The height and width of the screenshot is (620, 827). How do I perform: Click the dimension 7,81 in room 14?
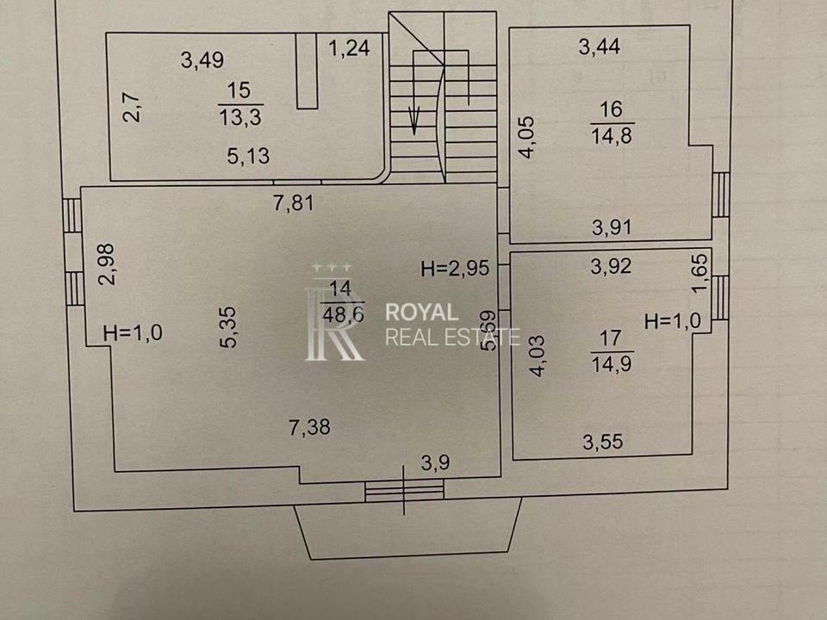point(294,202)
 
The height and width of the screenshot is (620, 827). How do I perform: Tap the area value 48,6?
point(344,315)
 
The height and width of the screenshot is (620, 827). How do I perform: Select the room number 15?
point(239,90)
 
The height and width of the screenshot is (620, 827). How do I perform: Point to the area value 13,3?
point(240,116)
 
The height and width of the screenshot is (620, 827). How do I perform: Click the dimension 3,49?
point(202,59)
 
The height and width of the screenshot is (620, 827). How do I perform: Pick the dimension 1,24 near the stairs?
point(349,48)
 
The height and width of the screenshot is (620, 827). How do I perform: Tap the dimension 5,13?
point(248,156)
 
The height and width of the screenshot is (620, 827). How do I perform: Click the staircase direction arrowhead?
point(414,120)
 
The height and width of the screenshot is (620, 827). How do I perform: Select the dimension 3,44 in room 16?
point(600,46)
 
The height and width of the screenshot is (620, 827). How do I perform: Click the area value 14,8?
point(612,136)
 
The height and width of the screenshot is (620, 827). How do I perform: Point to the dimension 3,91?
point(612,227)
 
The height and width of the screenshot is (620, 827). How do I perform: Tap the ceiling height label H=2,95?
point(455,269)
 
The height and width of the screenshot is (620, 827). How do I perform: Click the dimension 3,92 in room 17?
point(611,266)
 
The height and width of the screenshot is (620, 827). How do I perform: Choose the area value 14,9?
point(612,363)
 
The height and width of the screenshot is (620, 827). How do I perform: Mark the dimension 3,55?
point(603,441)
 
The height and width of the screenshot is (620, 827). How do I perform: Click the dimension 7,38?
point(309,426)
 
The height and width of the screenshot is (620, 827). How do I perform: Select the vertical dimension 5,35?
point(229,327)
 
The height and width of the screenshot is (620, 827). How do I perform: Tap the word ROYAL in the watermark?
point(421,312)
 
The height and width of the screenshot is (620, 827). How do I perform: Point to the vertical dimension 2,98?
point(107,263)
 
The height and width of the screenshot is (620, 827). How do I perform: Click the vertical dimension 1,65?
point(699,273)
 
